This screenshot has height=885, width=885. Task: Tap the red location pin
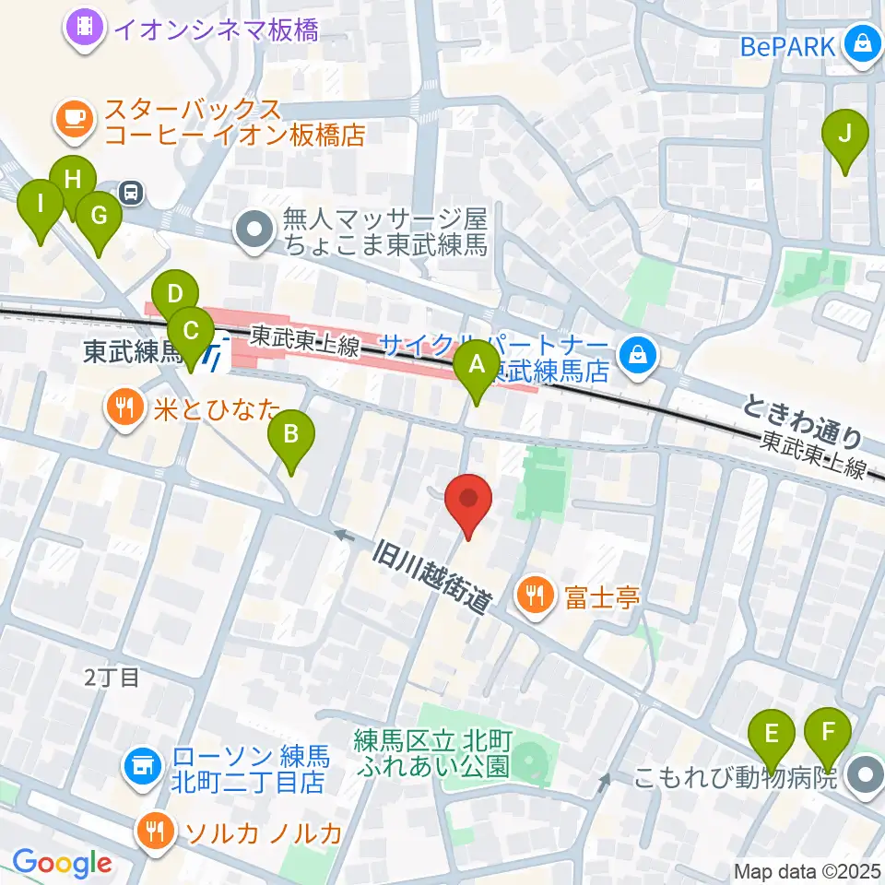coord(468,502)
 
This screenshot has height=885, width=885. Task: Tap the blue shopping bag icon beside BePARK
coord(863,44)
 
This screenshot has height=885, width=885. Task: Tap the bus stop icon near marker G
coord(132,192)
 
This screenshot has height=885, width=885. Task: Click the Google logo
coord(61,863)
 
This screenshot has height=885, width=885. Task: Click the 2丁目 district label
coord(112,678)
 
